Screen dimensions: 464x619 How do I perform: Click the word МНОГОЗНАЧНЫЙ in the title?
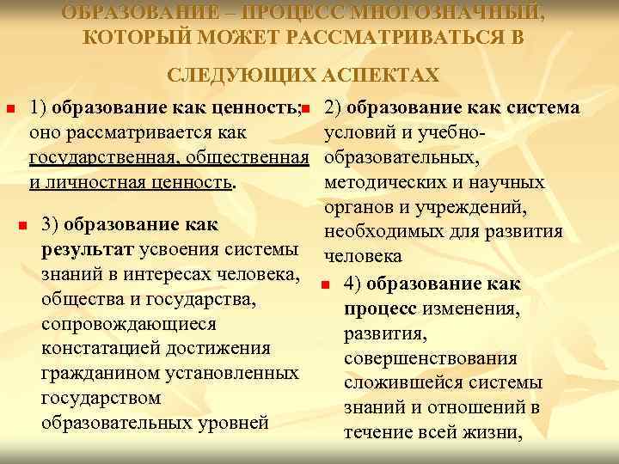tap(464, 13)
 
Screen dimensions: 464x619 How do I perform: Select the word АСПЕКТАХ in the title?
tap(380, 75)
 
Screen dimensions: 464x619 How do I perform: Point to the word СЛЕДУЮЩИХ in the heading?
tap(237, 75)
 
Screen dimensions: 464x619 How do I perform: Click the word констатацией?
tap(101, 349)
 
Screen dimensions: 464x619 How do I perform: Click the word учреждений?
tap(477, 208)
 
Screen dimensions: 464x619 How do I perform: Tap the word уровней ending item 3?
tap(236, 424)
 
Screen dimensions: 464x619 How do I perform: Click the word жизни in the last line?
tap(493, 433)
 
